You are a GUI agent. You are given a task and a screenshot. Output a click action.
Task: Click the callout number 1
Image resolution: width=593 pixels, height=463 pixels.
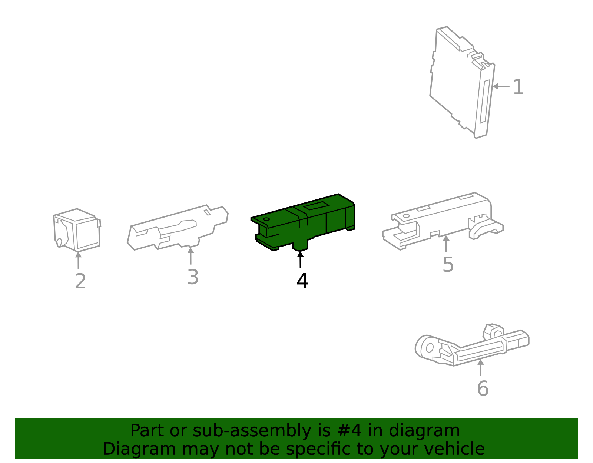(x=518, y=87)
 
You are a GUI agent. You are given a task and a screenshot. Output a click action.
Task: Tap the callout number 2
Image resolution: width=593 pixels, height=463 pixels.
(x=80, y=281)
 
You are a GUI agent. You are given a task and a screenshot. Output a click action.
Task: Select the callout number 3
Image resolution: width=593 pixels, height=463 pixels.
(x=193, y=277)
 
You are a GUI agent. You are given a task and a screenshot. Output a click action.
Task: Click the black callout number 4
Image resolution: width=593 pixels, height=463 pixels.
(x=302, y=281)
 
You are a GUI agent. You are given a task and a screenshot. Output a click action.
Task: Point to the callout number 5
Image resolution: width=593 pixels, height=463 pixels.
(x=448, y=264)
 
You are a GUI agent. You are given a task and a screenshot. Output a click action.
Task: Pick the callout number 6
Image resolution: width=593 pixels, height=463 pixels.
(x=483, y=388)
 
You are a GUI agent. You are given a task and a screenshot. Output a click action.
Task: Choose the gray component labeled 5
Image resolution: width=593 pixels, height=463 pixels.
(x=441, y=221)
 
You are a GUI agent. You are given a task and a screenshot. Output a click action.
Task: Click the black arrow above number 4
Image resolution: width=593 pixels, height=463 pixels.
(x=300, y=259)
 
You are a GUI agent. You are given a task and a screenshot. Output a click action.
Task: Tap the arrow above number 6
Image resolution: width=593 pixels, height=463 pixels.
(x=480, y=368)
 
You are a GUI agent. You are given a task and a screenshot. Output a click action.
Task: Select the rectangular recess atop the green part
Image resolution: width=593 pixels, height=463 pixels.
(x=317, y=206)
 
